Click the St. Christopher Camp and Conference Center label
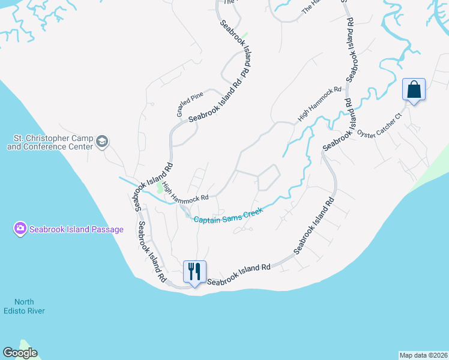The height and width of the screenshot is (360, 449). [49, 141]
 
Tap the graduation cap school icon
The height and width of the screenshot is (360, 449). [101, 142]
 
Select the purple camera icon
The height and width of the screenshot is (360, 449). [20, 229]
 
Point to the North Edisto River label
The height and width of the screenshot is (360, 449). [30, 306]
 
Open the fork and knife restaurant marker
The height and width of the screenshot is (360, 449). [194, 271]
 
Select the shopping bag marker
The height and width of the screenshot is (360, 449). [414, 90]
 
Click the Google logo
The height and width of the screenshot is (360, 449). [20, 353]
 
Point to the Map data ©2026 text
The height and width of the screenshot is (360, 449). [423, 355]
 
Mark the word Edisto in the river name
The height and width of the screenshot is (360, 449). [30, 311]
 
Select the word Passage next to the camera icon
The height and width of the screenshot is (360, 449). [108, 229]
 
